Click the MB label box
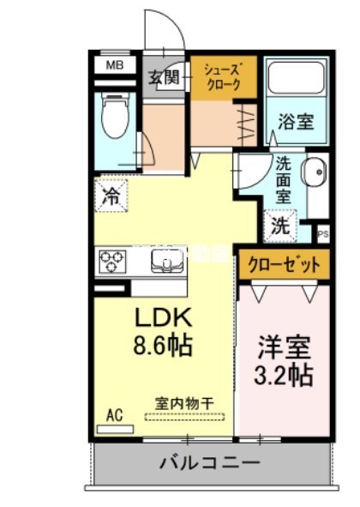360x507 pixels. (113, 64)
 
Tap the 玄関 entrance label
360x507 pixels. (163, 76)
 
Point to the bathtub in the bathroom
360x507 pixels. (296, 81)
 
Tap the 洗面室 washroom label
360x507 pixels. (284, 179)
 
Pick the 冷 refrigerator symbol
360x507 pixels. (111, 195)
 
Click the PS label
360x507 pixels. (323, 232)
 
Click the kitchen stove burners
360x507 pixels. (112, 259)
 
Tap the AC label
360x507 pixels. (114, 416)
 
